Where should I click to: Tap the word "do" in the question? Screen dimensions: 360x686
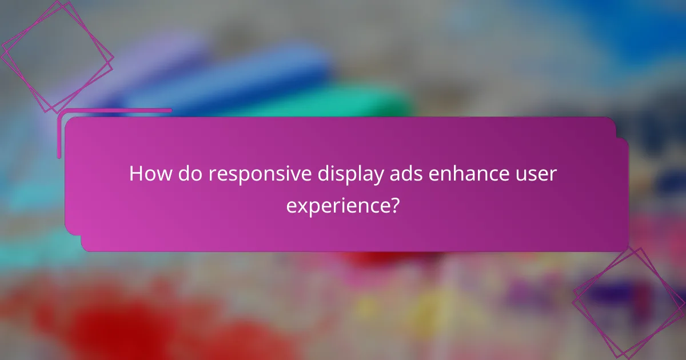pos(190,174)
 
